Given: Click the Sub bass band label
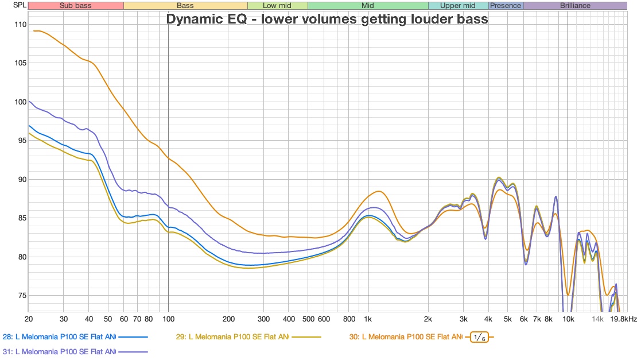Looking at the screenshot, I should (x=75, y=6).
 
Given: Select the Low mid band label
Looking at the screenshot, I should (x=277, y=6).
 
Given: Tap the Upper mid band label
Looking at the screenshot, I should (x=458, y=6).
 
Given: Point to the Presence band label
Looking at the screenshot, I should (x=506, y=6).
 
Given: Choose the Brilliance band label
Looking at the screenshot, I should (x=574, y=6).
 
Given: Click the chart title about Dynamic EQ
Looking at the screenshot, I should (x=327, y=19).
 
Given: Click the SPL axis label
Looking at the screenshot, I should (x=11, y=6).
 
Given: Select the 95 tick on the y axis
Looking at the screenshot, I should (x=21, y=141).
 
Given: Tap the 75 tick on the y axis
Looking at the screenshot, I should (x=21, y=296).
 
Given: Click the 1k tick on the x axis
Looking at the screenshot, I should (x=368, y=319).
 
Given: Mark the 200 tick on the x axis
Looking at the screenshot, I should (x=228, y=319).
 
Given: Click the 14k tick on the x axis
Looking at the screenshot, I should (x=598, y=319).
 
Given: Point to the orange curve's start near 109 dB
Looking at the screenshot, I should (x=36, y=31).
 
